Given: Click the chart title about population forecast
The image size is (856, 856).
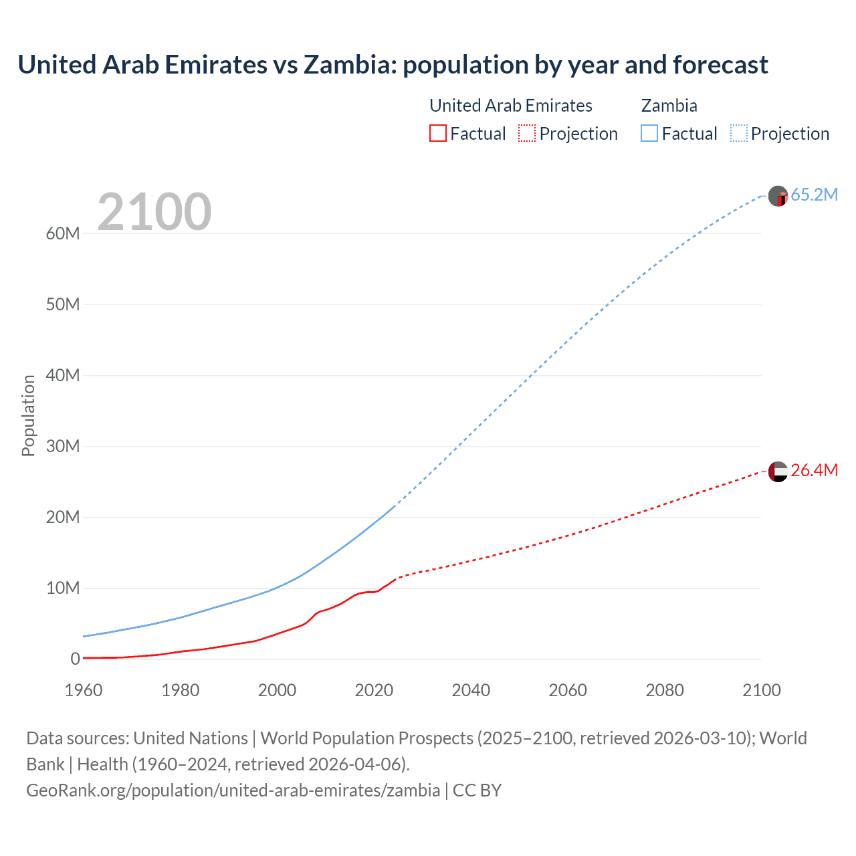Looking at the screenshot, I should point(393,65).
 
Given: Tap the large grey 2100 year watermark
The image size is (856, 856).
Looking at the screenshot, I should point(154,212).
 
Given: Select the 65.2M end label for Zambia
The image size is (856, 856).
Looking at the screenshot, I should point(814,195).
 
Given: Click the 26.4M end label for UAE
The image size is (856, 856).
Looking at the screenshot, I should point(814,470).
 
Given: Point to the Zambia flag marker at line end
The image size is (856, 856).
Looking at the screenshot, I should point(778,196).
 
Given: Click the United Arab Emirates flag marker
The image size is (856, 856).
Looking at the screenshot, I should point(778,471).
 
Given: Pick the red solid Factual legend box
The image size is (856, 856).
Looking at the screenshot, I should point(438,133).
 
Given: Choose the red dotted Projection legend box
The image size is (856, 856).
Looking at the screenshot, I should point(527,133).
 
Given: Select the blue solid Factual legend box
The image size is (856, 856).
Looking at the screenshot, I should point(649,133).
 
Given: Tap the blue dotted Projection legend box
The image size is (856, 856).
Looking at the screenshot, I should point(738,133).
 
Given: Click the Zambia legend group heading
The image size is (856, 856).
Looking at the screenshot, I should point(669,106).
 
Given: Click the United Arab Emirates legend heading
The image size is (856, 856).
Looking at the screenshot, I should point(510,106).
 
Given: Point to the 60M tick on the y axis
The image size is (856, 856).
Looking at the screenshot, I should point(63,233).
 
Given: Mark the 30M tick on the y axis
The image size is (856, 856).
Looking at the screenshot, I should point(63,446).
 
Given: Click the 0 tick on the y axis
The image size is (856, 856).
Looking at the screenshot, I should point(75,659).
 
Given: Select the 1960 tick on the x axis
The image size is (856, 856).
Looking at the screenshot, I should point(84,690).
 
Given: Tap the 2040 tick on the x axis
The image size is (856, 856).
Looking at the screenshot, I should point(471,690).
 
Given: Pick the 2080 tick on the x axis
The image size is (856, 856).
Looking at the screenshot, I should point(665,690).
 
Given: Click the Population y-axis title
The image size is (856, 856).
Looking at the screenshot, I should point(28,415).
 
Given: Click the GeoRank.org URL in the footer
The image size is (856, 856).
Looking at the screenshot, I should point(233,790).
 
